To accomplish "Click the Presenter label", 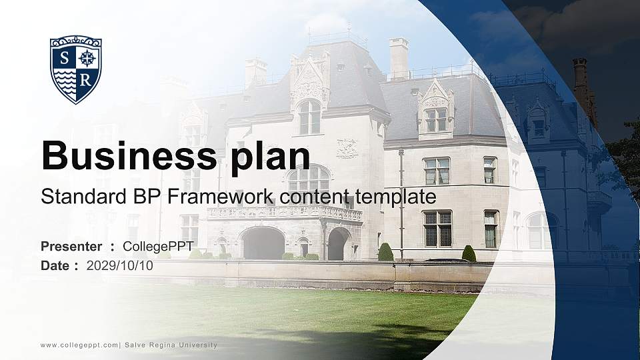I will tap(71, 247).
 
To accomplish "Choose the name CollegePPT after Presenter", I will tap(158, 247).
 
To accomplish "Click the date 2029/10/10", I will tap(119, 265).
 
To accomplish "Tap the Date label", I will tap(55, 265).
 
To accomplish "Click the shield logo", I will tap(76, 69).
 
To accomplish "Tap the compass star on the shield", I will tap(87, 58).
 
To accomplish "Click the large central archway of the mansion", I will tap(263, 243).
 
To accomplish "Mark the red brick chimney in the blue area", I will tap(581, 80).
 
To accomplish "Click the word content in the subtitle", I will tap(317, 197).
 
